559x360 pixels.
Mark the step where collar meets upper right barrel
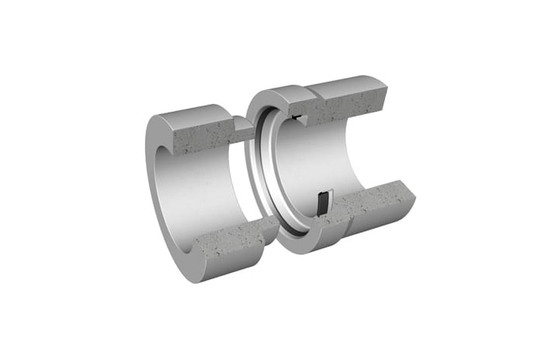[x=316, y=93]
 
